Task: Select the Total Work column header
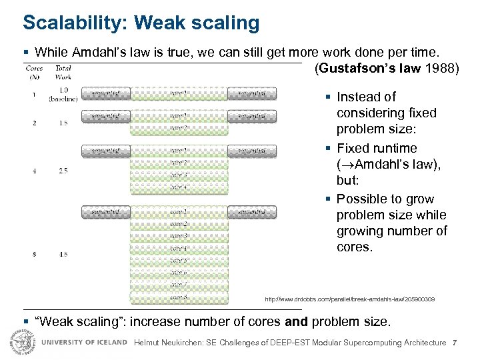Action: [x=63, y=72]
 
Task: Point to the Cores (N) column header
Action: [x=34, y=72]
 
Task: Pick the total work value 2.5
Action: [x=63, y=171]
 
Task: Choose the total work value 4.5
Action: [x=63, y=253]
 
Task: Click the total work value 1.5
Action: [x=63, y=123]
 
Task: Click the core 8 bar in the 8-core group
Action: [x=179, y=297]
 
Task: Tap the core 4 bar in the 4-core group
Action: [x=179, y=187]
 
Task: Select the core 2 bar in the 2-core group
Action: [x=179, y=128]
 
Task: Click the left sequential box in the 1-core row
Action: [x=106, y=94]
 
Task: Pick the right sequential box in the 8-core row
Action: [x=251, y=212]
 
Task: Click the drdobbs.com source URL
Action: [x=349, y=300]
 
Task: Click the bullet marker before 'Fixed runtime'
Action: [x=329, y=149]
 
